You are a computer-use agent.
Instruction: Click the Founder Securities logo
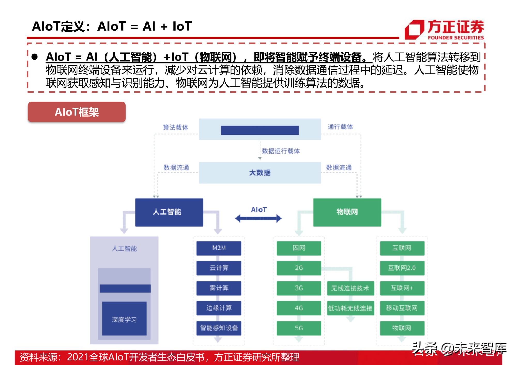point(444,29)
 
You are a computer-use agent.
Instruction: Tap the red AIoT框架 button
point(77,112)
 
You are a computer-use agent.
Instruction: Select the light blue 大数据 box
point(260,172)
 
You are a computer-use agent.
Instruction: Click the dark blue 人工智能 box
point(169,212)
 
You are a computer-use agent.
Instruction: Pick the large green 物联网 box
point(347,212)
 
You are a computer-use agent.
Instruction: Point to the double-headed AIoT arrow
point(258,218)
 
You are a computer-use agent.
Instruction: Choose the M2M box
point(219,248)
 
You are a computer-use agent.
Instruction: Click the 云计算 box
point(219,268)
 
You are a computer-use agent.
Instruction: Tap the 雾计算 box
point(219,288)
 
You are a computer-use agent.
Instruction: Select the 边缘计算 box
point(219,308)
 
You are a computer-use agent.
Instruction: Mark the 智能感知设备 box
point(219,328)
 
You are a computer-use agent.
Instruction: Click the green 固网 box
point(299,248)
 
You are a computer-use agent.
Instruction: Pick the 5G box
point(299,328)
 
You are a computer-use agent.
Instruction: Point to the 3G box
point(299,288)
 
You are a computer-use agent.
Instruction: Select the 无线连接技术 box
point(350,288)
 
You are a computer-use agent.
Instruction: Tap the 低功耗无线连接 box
point(350,308)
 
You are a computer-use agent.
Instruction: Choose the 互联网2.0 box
point(402,268)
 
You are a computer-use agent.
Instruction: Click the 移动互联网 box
point(402,308)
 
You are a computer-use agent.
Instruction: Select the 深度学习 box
point(124,319)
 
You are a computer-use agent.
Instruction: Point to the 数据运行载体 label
point(281,151)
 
